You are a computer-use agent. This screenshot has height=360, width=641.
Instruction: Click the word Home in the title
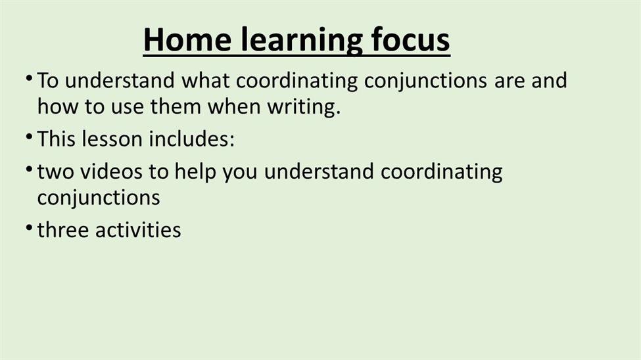[187, 39]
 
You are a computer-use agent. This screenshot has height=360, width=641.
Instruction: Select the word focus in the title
[410, 39]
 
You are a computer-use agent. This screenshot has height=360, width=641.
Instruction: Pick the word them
[176, 106]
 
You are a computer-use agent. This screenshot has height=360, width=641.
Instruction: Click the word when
[234, 106]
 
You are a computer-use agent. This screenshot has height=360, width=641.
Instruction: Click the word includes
[191, 139]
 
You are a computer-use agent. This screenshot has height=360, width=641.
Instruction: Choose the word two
[55, 171]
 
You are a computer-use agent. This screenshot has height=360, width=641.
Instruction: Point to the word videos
[111, 171]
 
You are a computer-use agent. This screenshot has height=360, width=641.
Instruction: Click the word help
[195, 172]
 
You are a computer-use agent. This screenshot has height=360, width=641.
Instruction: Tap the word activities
[138, 230]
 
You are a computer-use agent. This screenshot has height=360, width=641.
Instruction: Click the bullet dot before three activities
[29, 227]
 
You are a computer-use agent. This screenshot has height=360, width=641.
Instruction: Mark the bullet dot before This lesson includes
[29, 136]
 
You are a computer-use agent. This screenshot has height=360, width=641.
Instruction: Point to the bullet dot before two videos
[29, 169]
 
